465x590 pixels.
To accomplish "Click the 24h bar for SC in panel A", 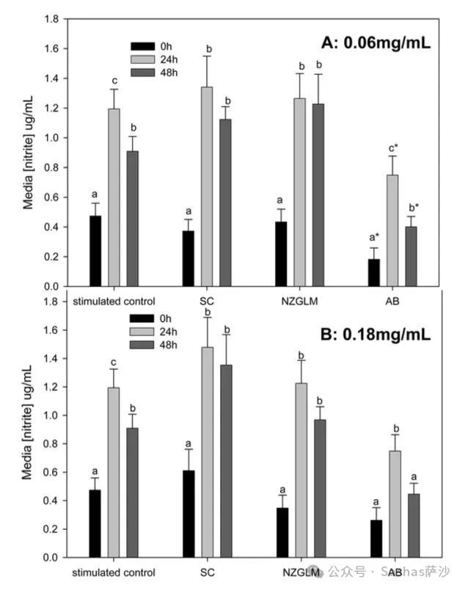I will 207,186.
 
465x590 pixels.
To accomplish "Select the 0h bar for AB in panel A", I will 373,272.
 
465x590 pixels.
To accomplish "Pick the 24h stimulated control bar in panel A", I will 114,197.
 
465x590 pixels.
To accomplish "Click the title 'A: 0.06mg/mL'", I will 376,43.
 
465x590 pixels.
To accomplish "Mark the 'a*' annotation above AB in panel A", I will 373,236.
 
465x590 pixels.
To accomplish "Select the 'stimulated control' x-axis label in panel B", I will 114,572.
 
